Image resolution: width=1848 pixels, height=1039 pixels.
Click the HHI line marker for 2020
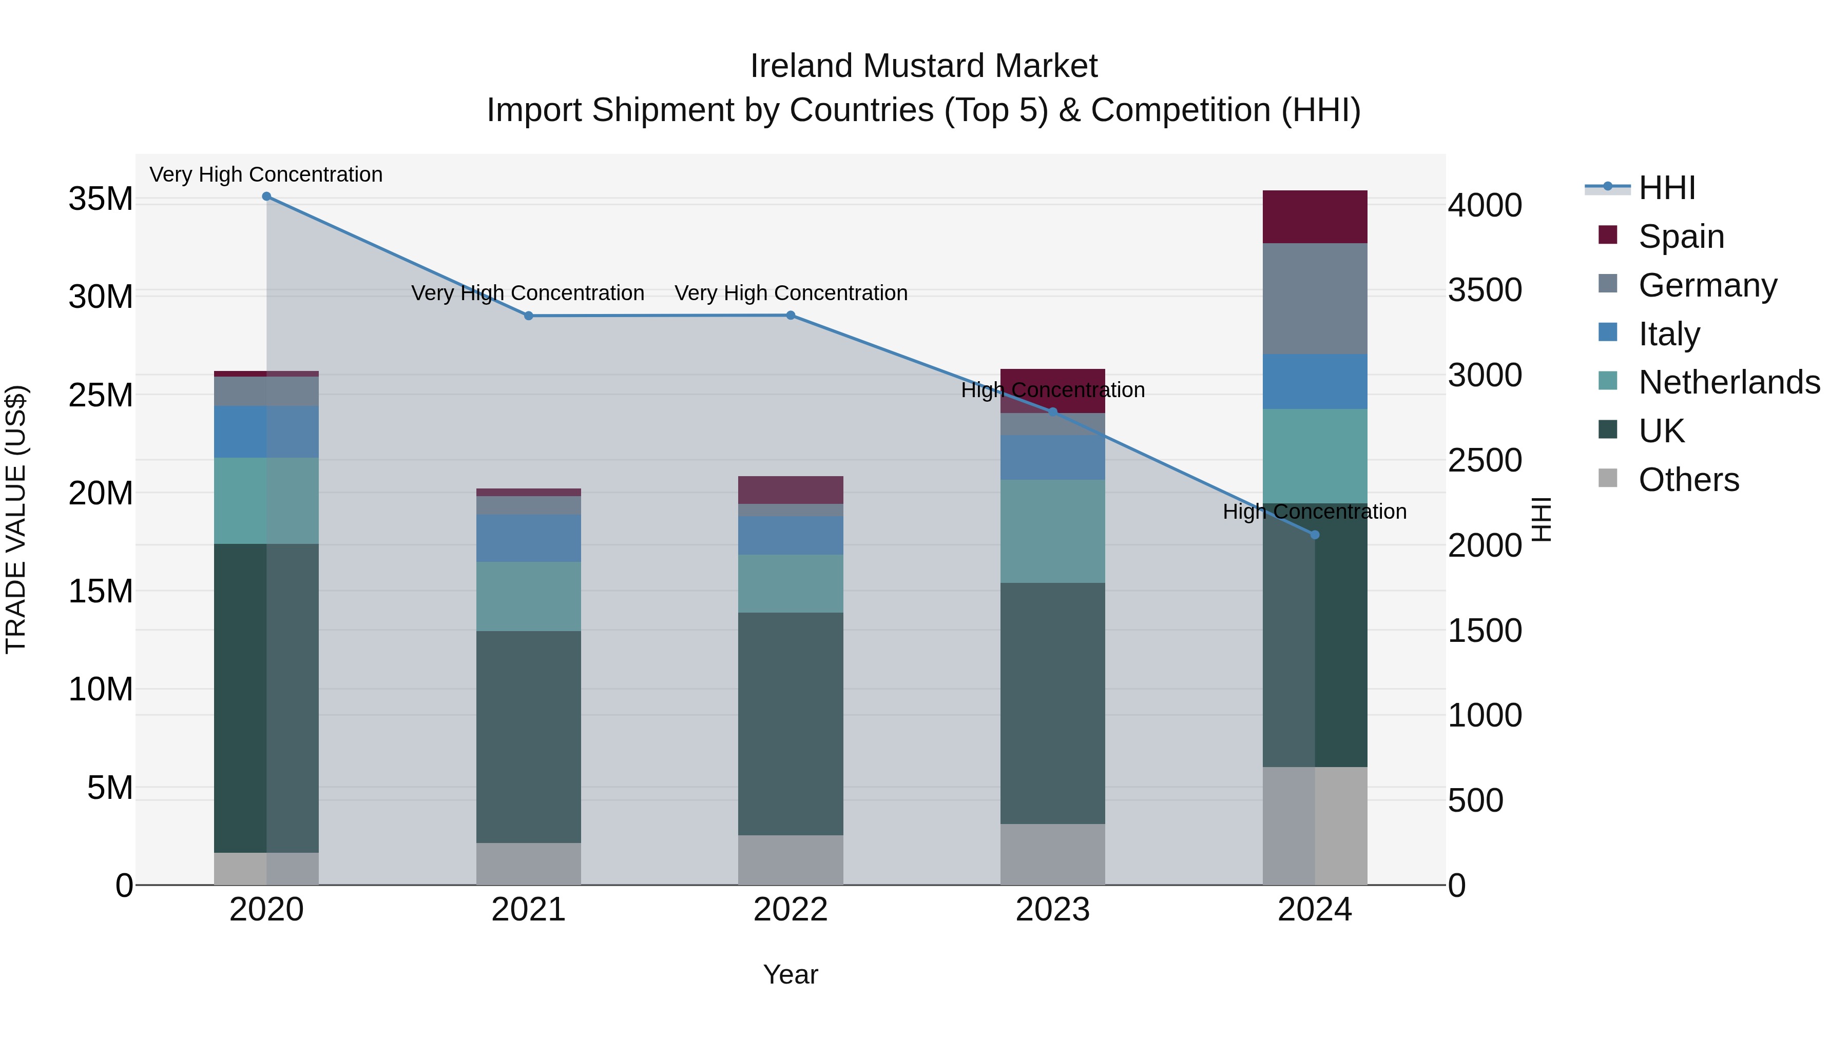point(266,197)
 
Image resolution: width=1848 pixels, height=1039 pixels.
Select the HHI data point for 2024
point(1314,535)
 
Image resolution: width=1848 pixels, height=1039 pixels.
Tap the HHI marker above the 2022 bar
point(791,316)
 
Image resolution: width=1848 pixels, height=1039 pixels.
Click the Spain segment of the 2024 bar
point(1314,217)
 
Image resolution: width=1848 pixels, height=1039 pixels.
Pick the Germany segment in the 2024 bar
point(1314,298)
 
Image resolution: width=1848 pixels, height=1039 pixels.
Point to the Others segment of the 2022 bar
point(791,860)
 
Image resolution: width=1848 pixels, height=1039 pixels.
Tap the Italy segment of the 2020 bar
point(266,432)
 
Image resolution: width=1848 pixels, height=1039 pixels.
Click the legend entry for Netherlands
point(1729,382)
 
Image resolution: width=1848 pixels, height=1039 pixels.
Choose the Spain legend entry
point(1681,236)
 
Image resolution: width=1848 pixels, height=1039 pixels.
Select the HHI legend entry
point(1666,188)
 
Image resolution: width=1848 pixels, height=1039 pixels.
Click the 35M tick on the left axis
point(101,199)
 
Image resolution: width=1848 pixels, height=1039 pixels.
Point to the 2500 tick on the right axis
point(1484,460)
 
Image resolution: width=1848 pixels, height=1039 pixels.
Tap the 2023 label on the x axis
point(1052,910)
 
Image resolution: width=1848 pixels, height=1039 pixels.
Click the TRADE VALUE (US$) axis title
point(16,519)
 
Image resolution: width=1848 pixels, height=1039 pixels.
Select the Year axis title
point(791,974)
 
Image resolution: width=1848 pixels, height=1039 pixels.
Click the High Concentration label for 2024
point(1314,512)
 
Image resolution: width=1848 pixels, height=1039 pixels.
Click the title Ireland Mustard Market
point(923,66)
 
